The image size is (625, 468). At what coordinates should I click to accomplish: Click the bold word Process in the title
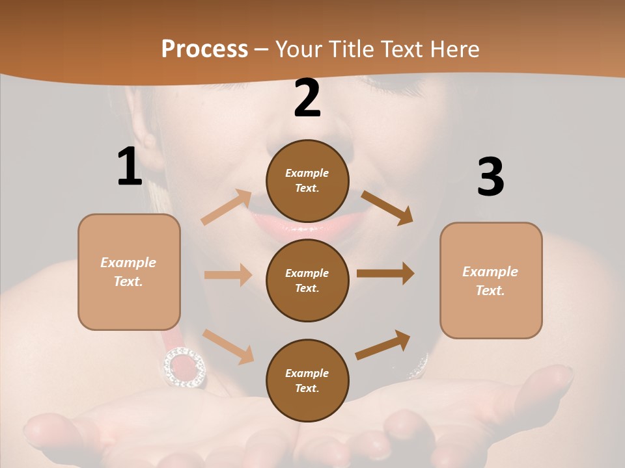[x=204, y=49]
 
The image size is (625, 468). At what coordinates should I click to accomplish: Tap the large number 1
[x=130, y=166]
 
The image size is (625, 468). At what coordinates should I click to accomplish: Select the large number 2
[x=307, y=99]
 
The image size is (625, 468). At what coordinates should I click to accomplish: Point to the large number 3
[x=491, y=177]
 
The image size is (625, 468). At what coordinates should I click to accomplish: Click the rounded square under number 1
[x=129, y=272]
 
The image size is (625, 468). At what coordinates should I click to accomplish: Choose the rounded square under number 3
[x=491, y=280]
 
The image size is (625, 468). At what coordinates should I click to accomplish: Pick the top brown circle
[x=307, y=181]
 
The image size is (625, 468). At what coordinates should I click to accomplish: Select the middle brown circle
[x=307, y=280]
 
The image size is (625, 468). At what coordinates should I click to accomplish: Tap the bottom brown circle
[x=307, y=380]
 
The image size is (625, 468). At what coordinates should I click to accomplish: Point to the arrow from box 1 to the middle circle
[x=228, y=275]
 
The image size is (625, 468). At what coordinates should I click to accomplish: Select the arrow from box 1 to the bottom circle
[x=228, y=346]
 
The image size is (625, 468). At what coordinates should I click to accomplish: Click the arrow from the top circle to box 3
[x=387, y=207]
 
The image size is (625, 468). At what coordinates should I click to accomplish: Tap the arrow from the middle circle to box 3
[x=385, y=274]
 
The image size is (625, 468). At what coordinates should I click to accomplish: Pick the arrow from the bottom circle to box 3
[x=383, y=344]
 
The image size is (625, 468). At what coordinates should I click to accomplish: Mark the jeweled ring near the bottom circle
[x=184, y=367]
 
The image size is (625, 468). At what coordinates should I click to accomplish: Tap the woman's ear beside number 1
[x=149, y=140]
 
